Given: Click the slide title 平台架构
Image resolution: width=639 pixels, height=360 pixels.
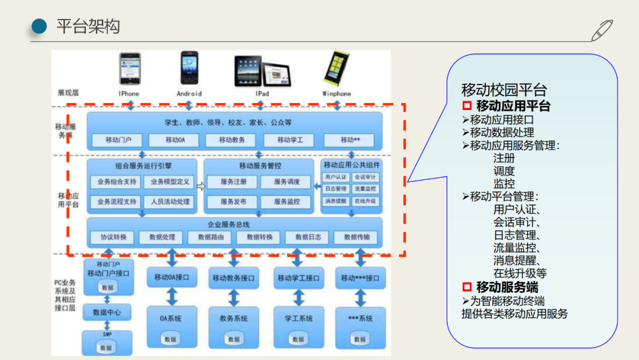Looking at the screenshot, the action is coord(88,27).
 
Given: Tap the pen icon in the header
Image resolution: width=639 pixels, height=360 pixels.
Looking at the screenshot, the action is coord(602,30).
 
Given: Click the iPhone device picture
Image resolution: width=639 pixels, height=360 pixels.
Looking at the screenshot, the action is coord(130,69).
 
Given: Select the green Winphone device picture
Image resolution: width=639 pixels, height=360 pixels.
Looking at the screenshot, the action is coord(335,69).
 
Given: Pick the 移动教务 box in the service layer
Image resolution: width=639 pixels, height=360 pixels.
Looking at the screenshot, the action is coord(232,140).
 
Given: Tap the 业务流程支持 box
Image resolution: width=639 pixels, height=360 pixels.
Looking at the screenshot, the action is coord(117,202).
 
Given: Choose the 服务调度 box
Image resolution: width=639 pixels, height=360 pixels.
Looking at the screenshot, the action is coord(286,182).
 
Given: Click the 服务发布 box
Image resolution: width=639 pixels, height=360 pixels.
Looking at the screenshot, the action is coord(233,202).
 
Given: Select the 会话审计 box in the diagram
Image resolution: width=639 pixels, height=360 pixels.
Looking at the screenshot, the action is coord(364,177).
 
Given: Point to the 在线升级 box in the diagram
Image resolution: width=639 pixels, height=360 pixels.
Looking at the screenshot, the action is coord(364,201).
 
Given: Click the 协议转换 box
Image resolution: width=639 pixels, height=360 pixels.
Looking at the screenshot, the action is coord(113,237).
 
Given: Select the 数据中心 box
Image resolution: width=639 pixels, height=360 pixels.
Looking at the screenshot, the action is coord(107,312).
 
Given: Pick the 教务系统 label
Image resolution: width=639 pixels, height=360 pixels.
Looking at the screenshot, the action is coord(234,319).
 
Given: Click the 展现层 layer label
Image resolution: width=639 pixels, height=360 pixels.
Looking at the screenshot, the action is coord(68,93).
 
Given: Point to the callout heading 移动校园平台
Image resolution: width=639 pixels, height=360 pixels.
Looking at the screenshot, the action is coord(504,90).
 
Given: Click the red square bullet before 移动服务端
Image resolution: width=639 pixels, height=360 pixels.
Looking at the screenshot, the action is coord(467,287).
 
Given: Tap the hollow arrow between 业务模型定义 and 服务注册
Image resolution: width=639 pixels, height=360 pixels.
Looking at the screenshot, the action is coord(200,186).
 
